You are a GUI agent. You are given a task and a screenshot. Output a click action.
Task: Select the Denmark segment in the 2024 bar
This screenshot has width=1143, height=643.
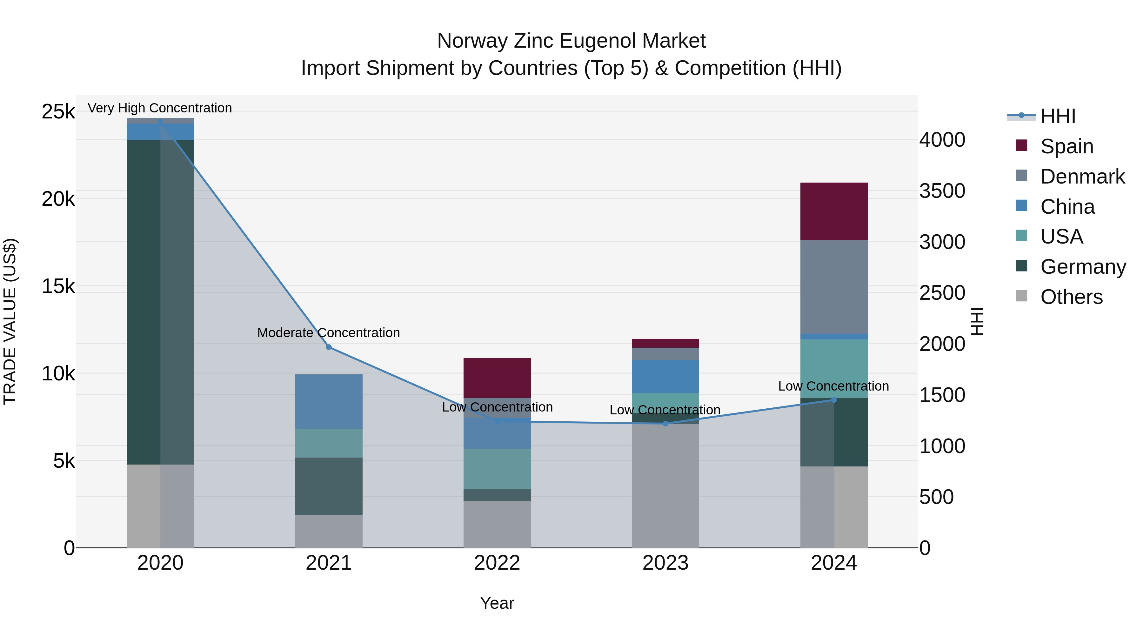pyautogui.click(x=833, y=287)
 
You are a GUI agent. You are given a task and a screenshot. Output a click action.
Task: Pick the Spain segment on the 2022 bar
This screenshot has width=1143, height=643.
pyautogui.click(x=497, y=378)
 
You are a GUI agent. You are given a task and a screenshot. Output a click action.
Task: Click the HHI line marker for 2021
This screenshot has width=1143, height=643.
pyautogui.click(x=329, y=347)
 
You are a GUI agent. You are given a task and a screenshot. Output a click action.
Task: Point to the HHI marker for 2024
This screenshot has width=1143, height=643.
pyautogui.click(x=834, y=400)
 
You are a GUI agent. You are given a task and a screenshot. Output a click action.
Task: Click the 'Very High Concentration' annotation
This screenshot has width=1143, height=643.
pyautogui.click(x=160, y=108)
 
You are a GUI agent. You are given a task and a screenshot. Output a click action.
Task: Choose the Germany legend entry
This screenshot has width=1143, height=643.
pyautogui.click(x=1083, y=267)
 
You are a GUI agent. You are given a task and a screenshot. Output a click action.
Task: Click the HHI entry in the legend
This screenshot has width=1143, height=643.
pyautogui.click(x=1058, y=116)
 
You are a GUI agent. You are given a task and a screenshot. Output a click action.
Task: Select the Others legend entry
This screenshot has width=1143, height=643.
pyautogui.click(x=1071, y=297)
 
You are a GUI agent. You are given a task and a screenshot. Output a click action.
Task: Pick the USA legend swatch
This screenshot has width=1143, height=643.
pyautogui.click(x=1021, y=236)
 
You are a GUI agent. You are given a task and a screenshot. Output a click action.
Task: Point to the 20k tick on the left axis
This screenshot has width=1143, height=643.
pyautogui.click(x=58, y=199)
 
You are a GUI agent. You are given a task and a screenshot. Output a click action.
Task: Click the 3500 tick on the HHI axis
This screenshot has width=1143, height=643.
pyautogui.click(x=942, y=191)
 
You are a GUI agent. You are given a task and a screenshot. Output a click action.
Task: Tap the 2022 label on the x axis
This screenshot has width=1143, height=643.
pyautogui.click(x=497, y=563)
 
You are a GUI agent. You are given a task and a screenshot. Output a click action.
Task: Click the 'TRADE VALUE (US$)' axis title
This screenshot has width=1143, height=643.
pyautogui.click(x=10, y=321)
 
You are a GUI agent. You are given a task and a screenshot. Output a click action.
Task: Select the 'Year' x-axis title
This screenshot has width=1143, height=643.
pyautogui.click(x=497, y=603)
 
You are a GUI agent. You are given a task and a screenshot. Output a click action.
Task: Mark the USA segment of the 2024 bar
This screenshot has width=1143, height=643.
pyautogui.click(x=833, y=368)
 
